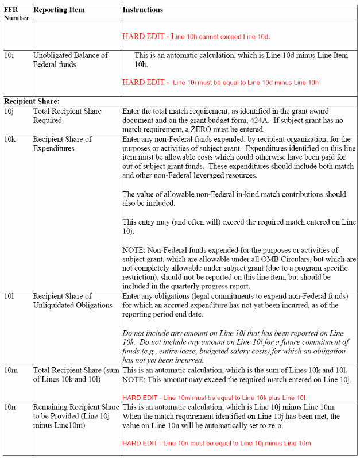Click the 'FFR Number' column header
point(16,14)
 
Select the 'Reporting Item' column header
point(59,10)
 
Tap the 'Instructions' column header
point(142,10)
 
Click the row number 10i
point(10,56)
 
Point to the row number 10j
point(10,111)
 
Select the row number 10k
point(10,140)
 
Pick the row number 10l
point(10,296)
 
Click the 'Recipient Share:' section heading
point(32,101)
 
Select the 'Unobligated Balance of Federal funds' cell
point(70,60)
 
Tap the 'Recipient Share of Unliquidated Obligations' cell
point(72,301)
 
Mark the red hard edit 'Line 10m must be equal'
point(214,397)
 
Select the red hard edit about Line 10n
point(216,444)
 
